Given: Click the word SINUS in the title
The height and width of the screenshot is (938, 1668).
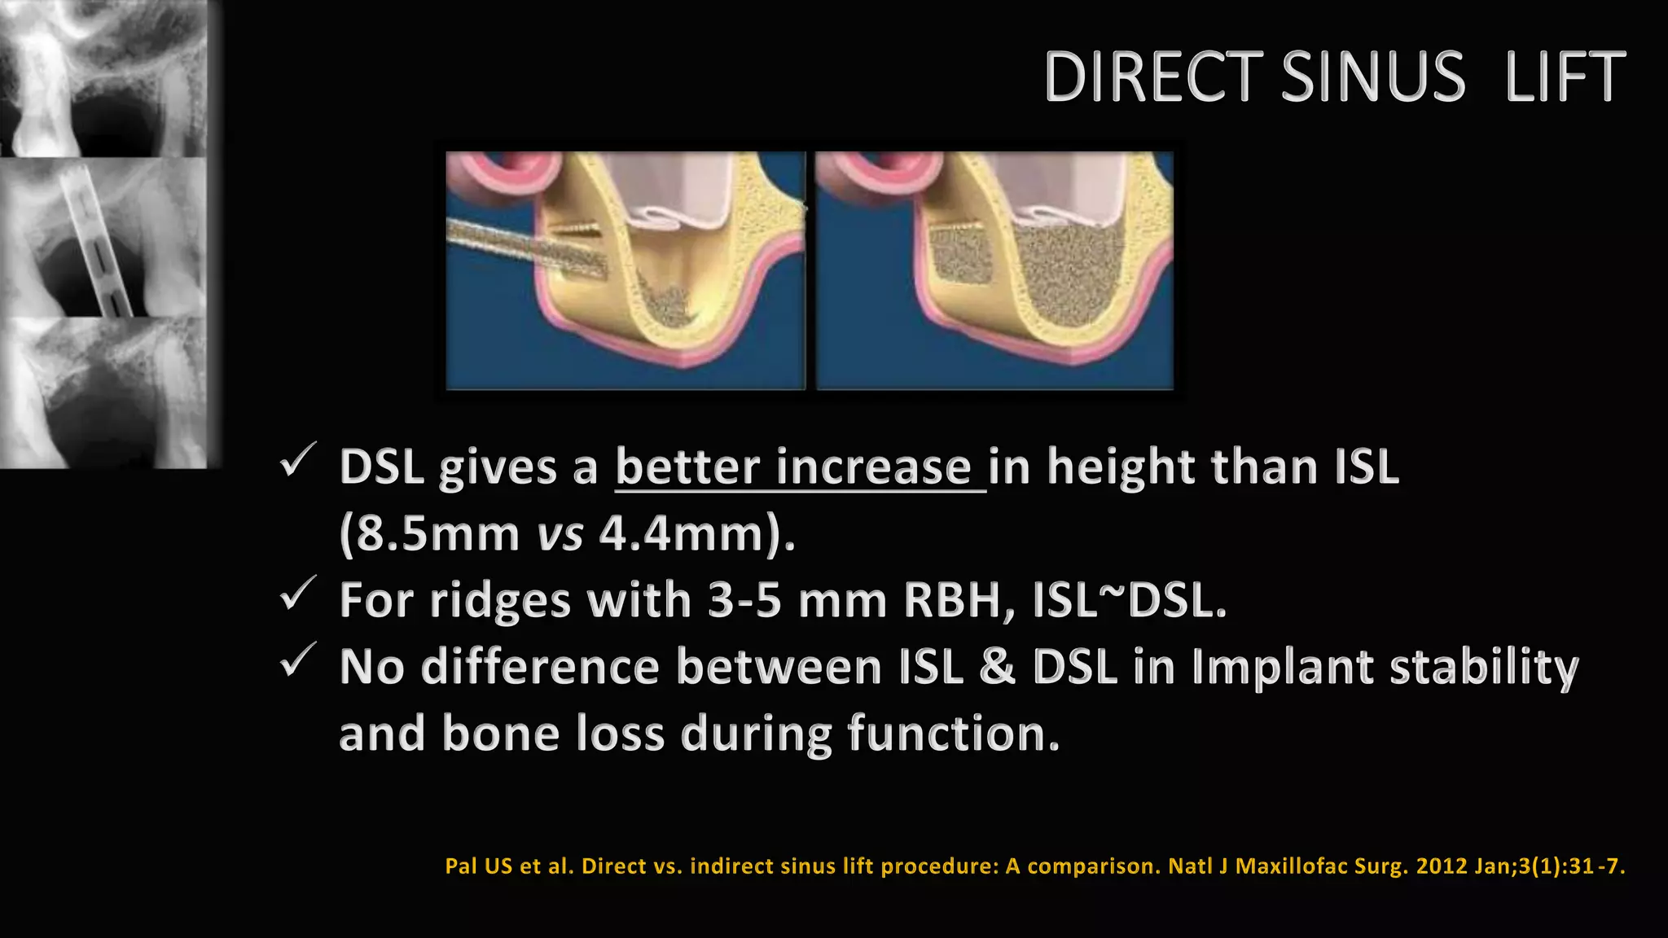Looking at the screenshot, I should pos(1373,77).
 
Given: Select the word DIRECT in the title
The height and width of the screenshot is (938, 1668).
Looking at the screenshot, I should pos(1153,77).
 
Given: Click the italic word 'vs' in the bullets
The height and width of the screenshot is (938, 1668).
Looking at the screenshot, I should pos(560,536).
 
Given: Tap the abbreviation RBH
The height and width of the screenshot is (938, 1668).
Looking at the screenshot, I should pos(958,601).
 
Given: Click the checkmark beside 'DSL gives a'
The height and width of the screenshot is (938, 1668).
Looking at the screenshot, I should pos(297,461).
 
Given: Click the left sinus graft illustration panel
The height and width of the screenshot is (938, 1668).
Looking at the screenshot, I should pos(625,270).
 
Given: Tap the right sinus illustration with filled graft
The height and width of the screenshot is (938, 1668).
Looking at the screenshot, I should pos(994,270).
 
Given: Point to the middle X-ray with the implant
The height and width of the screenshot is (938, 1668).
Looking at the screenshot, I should pos(103,237).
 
